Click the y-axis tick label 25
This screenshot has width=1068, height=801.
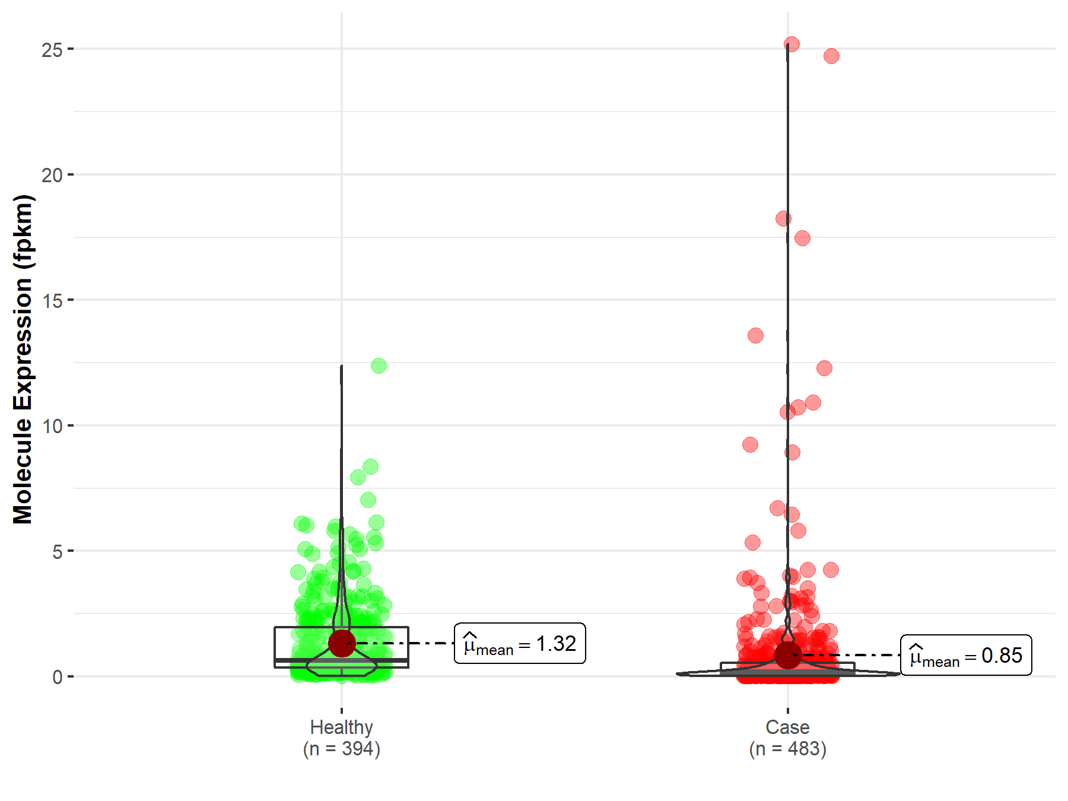coord(52,50)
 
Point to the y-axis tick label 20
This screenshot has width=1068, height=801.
coord(52,176)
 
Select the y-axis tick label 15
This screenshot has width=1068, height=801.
coord(52,301)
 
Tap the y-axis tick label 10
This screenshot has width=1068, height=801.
coord(52,427)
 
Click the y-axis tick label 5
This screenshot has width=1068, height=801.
coord(57,552)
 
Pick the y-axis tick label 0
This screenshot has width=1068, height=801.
coord(57,677)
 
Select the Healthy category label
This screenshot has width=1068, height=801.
coord(341,727)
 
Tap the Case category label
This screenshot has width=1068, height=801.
coord(787,727)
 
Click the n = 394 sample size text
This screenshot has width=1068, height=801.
coord(341,749)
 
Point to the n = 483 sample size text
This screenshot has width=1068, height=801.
coord(787,749)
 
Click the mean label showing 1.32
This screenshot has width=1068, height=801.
coord(520,644)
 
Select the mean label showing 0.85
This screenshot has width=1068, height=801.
coord(966,656)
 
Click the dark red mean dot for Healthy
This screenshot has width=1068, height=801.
coord(342,643)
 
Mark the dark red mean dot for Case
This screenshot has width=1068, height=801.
coord(788,655)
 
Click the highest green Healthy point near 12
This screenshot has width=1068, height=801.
coord(379,365)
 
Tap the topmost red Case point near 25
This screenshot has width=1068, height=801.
coord(792,44)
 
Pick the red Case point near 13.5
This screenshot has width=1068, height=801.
coord(755,336)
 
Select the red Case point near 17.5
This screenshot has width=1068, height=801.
coord(802,239)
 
